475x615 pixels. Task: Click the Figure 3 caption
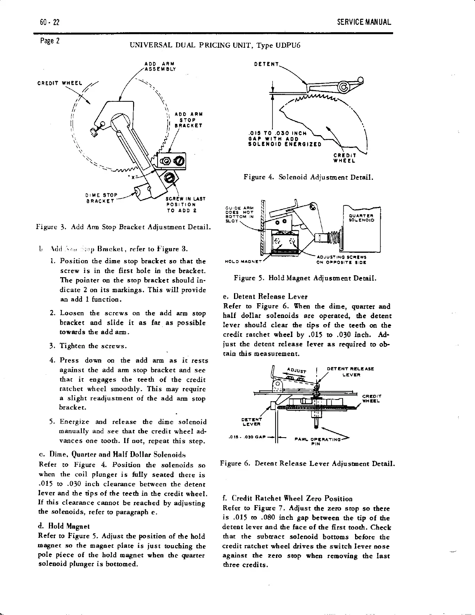click(123, 226)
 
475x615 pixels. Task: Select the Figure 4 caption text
click(309, 177)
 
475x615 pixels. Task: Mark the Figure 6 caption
click(307, 464)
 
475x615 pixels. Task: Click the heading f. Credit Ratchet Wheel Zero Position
click(288, 499)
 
